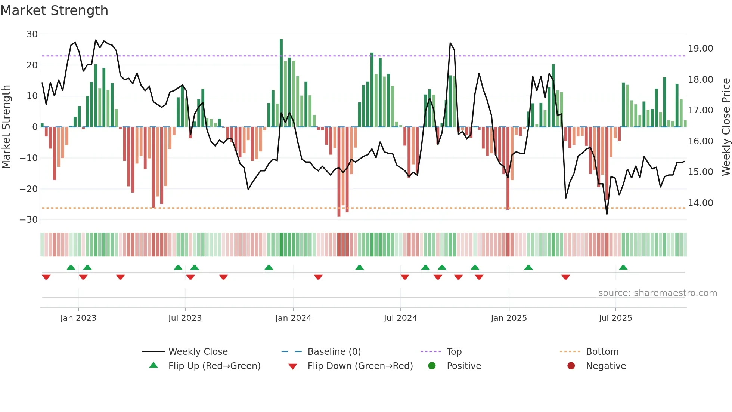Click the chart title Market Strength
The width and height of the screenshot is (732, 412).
(54, 10)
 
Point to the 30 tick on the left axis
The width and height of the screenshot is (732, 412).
(32, 34)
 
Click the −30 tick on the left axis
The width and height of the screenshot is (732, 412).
(29, 220)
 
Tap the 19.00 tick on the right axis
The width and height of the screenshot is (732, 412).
(700, 49)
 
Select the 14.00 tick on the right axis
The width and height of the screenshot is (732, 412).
(700, 203)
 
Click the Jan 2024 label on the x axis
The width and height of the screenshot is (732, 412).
(293, 318)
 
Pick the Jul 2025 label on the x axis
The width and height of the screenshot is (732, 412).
(615, 318)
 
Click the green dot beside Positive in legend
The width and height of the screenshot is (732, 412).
(432, 366)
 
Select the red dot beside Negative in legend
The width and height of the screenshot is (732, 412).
(571, 366)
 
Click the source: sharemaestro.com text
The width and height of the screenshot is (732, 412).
(657, 293)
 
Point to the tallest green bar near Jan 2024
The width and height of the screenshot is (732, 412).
(281, 82)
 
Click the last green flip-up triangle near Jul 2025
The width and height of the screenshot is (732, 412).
(623, 268)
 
